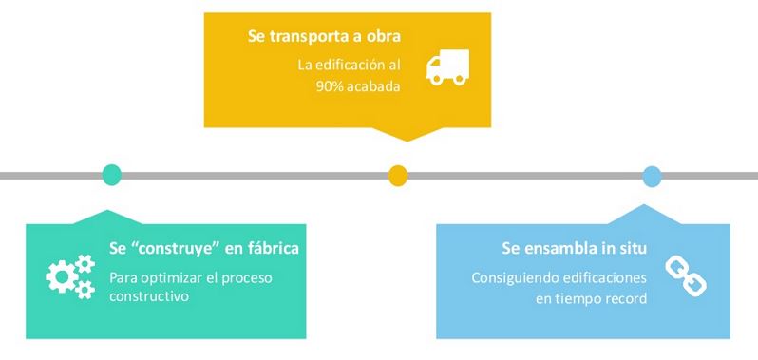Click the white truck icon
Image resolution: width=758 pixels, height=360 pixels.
(447, 67)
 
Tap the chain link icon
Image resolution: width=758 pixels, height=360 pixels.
(686, 275)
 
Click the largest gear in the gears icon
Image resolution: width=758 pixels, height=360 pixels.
(62, 276)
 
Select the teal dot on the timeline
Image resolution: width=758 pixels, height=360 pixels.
(112, 175)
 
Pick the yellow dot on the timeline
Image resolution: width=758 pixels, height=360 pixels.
(398, 175)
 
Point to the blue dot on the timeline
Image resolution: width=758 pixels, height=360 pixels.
(652, 176)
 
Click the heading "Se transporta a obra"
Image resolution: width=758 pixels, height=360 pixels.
(324, 37)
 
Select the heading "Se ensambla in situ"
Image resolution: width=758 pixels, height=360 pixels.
(575, 248)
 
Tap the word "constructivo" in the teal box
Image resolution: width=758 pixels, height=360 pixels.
(149, 295)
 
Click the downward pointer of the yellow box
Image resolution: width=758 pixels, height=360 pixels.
(407, 135)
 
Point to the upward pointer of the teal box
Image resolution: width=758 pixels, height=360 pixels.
(106, 217)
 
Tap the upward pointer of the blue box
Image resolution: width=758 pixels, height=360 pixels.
(645, 214)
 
